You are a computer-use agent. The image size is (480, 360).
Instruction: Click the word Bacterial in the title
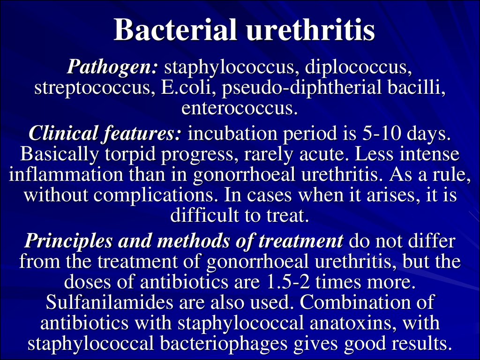click(x=175, y=30)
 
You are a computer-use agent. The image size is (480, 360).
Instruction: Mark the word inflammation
click(x=66, y=174)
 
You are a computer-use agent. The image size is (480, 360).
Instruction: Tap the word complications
click(x=154, y=195)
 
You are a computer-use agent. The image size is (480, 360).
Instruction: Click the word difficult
click(x=204, y=215)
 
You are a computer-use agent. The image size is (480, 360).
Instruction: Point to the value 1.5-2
click(x=288, y=282)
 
